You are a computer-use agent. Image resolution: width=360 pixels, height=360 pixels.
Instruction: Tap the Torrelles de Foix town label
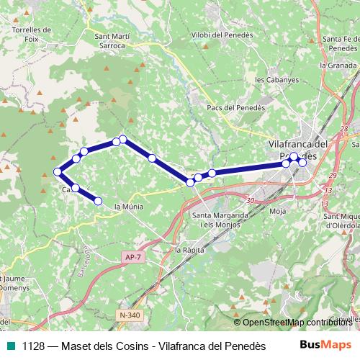pos(32,35)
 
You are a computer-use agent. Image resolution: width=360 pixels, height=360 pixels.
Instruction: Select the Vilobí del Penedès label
pos(222,35)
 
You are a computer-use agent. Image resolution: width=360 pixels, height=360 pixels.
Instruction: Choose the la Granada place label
pos(338,64)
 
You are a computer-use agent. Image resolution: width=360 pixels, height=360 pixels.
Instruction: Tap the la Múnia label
pos(129,207)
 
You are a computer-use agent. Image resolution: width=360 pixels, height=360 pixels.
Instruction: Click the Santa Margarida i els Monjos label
pos(220,220)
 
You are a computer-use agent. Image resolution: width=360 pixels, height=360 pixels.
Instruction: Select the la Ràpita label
pos(190,250)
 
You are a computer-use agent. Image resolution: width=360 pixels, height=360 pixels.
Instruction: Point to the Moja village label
pos(277,211)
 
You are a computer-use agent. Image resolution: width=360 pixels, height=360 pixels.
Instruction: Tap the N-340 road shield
pos(130,315)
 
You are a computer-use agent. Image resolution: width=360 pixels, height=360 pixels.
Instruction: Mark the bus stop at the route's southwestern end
pos(99,201)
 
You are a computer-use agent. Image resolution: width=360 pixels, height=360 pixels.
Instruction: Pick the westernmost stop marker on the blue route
pos(58,171)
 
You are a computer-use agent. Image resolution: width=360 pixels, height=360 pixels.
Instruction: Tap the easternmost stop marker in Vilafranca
pos(302,162)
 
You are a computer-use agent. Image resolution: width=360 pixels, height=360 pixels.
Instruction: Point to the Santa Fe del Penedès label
pos(341,43)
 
